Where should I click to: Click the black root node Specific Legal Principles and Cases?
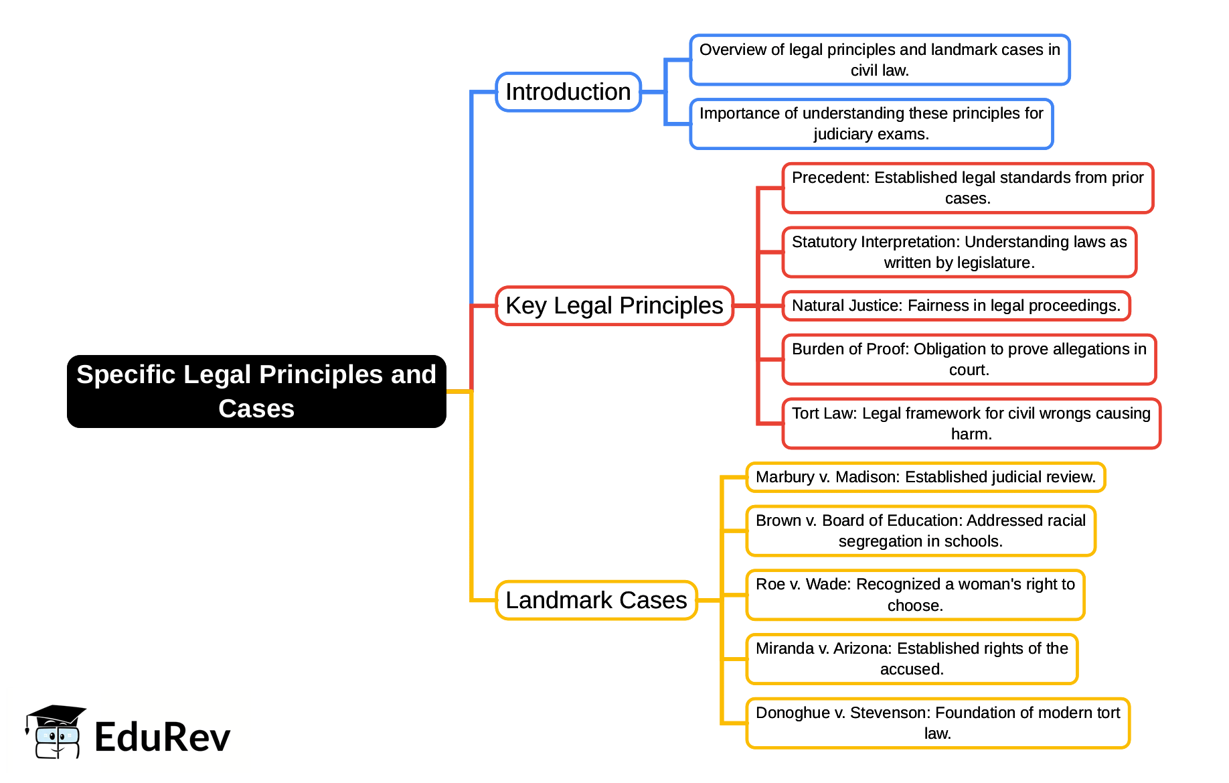256,391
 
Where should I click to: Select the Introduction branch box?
568,92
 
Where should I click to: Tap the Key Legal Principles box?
614,305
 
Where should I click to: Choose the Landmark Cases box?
596,600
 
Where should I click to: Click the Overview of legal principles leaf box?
880,60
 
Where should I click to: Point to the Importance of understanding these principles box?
871,124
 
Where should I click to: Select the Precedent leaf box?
967,188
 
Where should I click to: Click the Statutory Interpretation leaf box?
959,253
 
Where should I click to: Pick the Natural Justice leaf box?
956,305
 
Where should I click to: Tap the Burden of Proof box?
969,360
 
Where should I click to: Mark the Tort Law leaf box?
971,423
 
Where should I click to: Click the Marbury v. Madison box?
925,477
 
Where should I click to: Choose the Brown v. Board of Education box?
920,531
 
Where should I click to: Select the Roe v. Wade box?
915,595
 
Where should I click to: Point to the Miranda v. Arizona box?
912,659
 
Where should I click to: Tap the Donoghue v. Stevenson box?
937,723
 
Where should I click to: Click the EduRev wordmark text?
163,737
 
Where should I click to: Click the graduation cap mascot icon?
55,731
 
